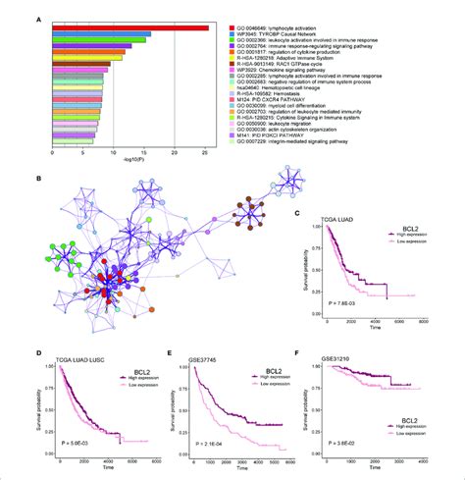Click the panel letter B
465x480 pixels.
36,179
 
